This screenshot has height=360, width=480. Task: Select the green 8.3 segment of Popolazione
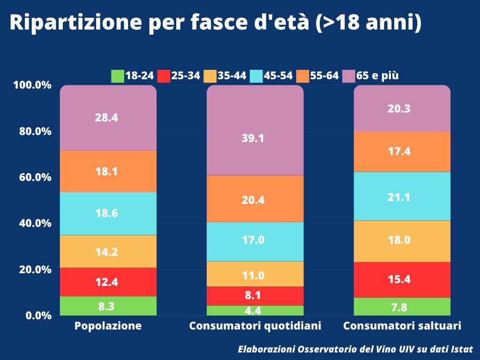(x=108, y=306)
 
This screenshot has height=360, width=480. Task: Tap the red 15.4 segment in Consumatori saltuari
(x=402, y=279)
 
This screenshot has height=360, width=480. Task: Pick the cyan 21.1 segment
(x=402, y=196)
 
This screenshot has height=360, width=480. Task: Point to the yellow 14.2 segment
(x=108, y=251)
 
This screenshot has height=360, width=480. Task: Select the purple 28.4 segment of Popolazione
(x=108, y=118)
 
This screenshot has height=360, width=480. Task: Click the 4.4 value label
(x=253, y=310)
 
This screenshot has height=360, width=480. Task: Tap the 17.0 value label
(x=253, y=240)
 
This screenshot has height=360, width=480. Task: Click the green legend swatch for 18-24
(x=117, y=76)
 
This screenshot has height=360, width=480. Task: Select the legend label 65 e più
(x=378, y=76)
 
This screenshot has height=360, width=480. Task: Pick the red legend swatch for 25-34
(x=163, y=76)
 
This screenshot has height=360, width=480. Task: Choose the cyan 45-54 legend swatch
(x=256, y=76)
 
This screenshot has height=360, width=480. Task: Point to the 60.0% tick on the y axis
(x=32, y=177)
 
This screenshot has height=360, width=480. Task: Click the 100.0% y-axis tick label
(x=32, y=85)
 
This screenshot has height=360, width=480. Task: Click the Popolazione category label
(x=108, y=326)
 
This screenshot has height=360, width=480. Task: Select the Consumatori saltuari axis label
(x=402, y=326)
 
